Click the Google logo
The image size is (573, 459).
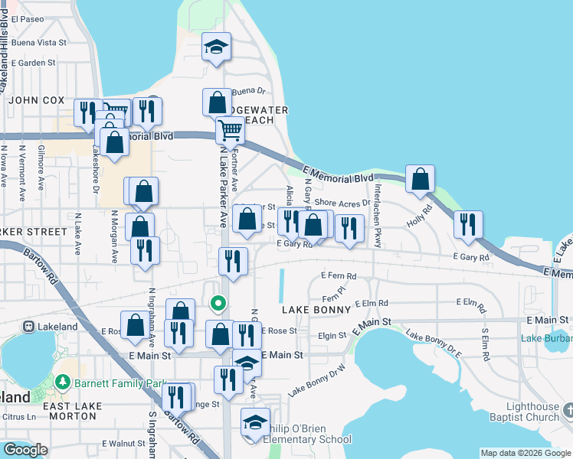click(26, 450)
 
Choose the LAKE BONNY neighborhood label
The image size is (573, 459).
click(316, 310)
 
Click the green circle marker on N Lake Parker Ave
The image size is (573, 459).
click(218, 304)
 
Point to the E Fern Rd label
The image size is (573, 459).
click(339, 275)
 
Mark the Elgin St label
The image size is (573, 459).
click(332, 335)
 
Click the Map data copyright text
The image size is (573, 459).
click(524, 452)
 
